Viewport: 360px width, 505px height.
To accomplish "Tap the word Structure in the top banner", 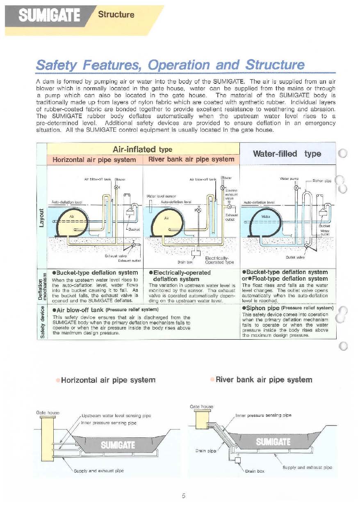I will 116,15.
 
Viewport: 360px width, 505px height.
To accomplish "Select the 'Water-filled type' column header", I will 287,154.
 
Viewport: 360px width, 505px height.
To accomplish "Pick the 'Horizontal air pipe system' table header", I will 95,159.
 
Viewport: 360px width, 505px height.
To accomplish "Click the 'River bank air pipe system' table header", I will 191,159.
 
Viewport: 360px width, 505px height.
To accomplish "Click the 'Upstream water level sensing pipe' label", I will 117,416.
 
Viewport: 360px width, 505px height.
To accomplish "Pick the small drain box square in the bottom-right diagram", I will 237,460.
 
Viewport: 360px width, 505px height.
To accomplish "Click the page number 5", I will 184,496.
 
